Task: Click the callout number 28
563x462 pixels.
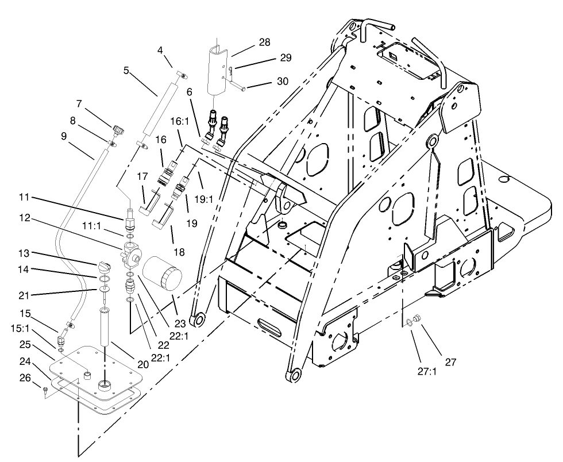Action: coord(265,43)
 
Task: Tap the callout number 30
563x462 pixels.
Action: coord(283,81)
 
